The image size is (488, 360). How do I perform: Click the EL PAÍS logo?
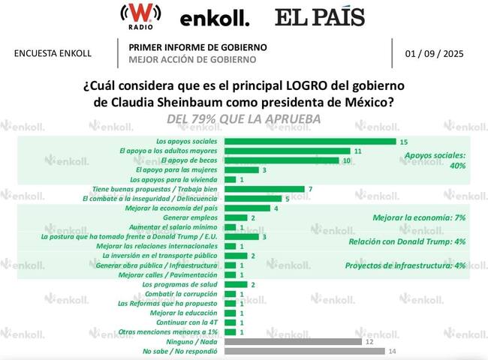tap(319, 17)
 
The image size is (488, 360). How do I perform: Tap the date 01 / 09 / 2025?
tap(433, 53)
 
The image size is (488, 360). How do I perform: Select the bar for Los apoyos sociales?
tap(310, 141)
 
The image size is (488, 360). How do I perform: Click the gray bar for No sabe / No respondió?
tap(304, 351)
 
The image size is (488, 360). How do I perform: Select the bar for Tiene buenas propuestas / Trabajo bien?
tap(265, 189)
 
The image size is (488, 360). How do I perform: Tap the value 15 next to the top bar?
tap(404, 141)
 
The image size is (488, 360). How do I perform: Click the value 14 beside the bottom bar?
tap(391, 351)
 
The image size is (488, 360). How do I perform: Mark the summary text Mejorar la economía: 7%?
tap(420, 217)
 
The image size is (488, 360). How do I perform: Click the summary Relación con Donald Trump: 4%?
tap(409, 241)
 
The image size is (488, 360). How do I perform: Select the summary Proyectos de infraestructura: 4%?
tap(405, 265)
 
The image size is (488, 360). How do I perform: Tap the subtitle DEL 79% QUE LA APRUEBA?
tap(243, 118)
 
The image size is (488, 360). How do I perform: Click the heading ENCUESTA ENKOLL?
tap(53, 53)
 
